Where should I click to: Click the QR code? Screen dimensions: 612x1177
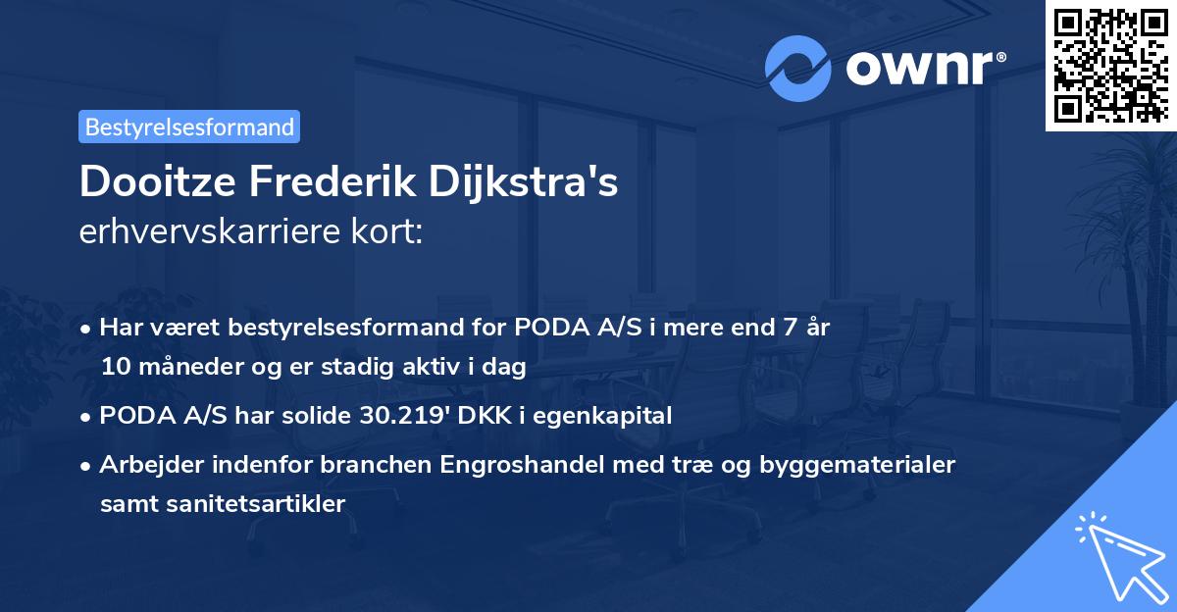click(1111, 65)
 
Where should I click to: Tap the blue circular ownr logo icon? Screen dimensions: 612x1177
click(798, 69)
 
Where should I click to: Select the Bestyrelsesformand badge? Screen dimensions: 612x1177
click(189, 127)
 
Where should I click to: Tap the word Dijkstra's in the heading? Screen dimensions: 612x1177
click(535, 183)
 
